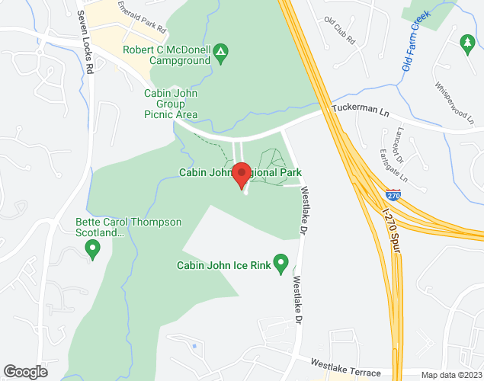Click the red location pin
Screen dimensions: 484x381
pos(242,174)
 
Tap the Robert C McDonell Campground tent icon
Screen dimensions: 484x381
pos(220,52)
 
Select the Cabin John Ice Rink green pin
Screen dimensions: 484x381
pos(281,264)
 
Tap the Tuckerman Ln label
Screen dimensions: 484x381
pos(359,110)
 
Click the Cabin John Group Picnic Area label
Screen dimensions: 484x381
pos(171,104)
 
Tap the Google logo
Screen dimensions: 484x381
pos(24,371)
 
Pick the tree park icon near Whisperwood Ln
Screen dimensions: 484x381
pos(467,43)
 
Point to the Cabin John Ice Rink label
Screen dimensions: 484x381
pos(224,265)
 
